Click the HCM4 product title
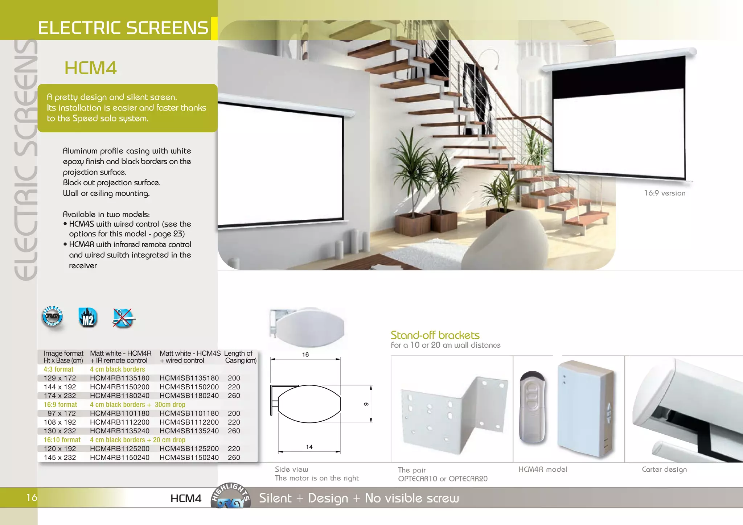click(90, 68)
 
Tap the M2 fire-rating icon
click(88, 318)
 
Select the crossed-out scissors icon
click(123, 318)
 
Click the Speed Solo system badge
click(53, 317)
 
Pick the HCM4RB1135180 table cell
click(120, 378)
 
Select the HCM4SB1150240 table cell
click(189, 458)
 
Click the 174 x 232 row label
click(60, 396)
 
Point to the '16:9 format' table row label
click(60, 405)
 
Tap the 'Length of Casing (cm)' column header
click(240, 357)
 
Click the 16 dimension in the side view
click(305, 355)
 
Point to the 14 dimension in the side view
click(309, 447)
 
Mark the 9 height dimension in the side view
click(366, 404)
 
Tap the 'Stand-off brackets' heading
click(435, 335)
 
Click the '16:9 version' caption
click(665, 193)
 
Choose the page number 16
click(32, 497)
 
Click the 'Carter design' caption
click(664, 470)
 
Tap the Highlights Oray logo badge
click(231, 496)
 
